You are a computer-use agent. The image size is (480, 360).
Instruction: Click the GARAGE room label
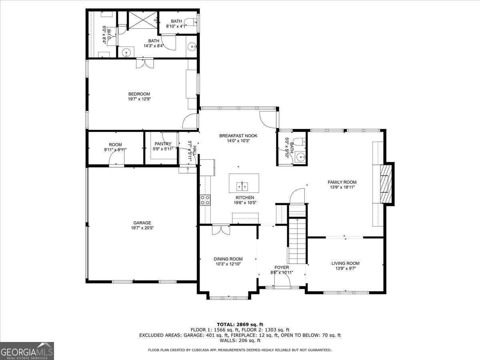142,223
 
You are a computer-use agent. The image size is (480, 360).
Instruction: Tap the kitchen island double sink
242,186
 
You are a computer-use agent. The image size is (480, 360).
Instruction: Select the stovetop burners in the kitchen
205,200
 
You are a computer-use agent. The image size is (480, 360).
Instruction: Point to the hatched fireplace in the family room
386,184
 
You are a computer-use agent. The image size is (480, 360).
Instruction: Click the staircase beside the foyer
297,241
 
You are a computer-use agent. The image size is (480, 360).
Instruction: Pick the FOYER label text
282,267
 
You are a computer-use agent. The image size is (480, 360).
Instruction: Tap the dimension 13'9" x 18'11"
342,187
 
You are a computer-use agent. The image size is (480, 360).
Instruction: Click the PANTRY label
163,144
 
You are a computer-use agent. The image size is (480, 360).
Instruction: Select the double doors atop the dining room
221,230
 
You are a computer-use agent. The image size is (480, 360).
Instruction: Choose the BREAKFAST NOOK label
238,136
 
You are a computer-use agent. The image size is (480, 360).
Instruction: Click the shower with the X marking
143,20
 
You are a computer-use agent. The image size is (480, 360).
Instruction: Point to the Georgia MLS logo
27,351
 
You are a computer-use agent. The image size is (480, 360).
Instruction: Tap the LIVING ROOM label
345,263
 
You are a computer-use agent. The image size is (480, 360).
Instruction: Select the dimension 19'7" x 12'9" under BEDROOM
139,99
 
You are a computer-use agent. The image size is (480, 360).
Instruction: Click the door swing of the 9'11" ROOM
116,158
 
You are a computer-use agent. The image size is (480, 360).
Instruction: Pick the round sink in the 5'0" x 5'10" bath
301,157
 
